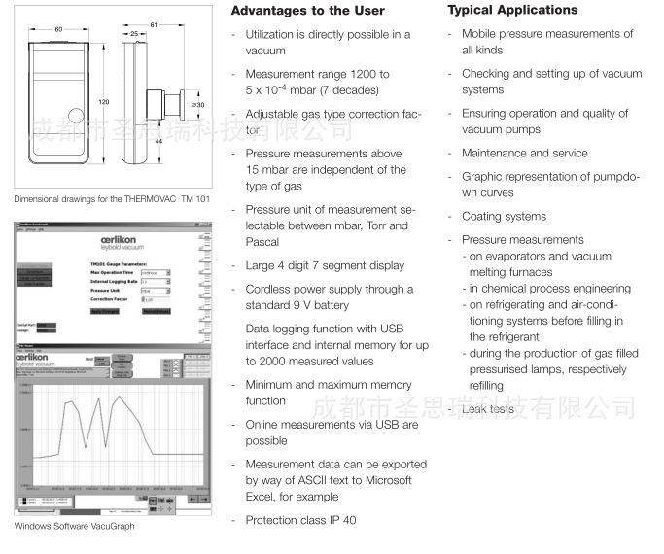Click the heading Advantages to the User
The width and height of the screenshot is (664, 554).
307,11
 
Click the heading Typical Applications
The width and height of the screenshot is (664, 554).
512,10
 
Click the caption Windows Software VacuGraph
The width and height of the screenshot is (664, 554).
74,527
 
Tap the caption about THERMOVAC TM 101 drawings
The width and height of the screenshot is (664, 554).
112,199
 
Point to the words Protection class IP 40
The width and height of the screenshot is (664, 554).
300,520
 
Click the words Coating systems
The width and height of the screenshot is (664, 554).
504,217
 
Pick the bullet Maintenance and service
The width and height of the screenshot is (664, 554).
524,153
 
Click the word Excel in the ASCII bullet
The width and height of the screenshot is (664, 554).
262,497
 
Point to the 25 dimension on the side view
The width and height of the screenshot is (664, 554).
133,33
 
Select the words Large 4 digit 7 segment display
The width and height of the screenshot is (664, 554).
325,265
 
